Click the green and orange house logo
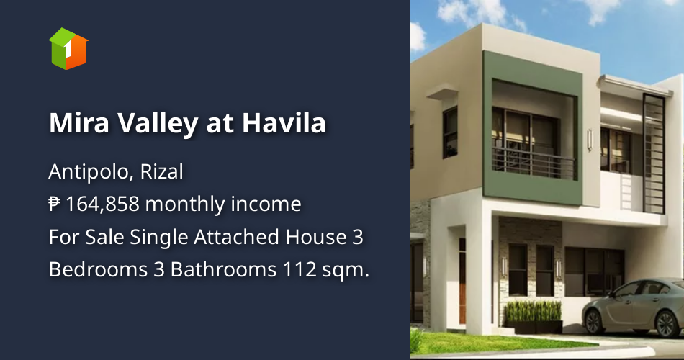(x=68, y=48)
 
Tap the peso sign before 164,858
(x=55, y=204)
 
